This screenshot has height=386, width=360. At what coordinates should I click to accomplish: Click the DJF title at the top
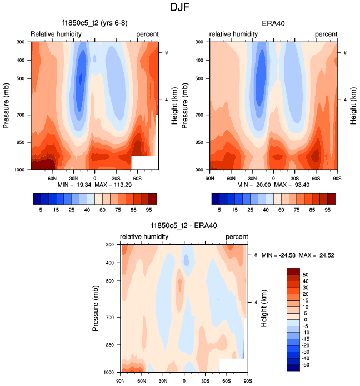point(179,7)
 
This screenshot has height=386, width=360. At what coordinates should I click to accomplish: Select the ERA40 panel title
point(273,24)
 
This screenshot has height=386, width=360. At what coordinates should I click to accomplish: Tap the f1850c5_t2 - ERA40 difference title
point(184,226)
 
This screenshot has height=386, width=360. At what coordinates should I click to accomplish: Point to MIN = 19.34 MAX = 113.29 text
point(94,185)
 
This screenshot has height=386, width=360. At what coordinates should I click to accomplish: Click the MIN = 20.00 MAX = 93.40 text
point(272,185)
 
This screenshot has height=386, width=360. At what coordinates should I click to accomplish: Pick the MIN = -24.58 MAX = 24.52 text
point(298,255)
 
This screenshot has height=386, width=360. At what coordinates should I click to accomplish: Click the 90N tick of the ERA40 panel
point(210,177)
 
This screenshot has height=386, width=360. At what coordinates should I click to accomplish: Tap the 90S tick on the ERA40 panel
point(337,177)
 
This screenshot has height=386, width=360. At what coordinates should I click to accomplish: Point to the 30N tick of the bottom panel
point(163,380)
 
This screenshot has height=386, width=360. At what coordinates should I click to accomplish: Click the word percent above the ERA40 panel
point(327,34)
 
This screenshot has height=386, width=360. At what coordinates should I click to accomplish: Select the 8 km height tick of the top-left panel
point(162,52)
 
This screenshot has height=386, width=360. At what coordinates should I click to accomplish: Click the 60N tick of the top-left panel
point(52,177)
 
